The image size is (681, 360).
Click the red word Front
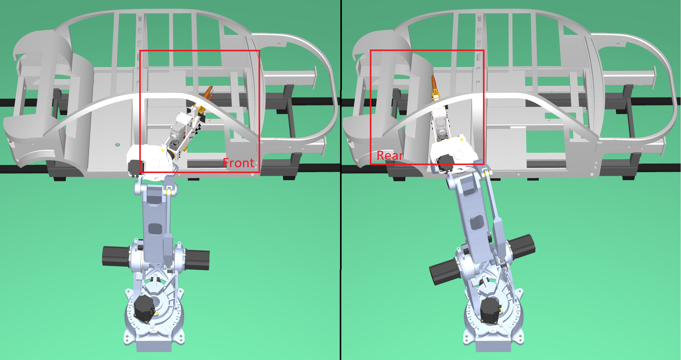[x=238, y=163]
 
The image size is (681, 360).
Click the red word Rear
[x=390, y=156]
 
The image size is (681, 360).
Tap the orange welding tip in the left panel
[x=208, y=92]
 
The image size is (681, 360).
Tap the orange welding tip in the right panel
[x=434, y=82]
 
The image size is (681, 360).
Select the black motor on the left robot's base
[x=144, y=308]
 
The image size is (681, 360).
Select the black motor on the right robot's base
[x=490, y=310]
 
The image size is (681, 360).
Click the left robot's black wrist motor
[x=136, y=168]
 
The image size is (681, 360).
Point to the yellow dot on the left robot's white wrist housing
[x=162, y=150]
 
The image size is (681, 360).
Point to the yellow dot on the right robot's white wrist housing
[x=462, y=140]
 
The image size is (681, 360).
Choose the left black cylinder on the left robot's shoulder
[x=115, y=256]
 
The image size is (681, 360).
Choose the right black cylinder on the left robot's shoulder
[x=197, y=260]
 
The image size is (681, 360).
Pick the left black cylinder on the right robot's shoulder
[x=443, y=271]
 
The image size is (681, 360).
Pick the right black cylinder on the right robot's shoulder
[x=522, y=246]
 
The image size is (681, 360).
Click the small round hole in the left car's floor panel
[x=117, y=144]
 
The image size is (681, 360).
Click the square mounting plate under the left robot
[x=154, y=346]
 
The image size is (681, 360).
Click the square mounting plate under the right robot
[x=493, y=346]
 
